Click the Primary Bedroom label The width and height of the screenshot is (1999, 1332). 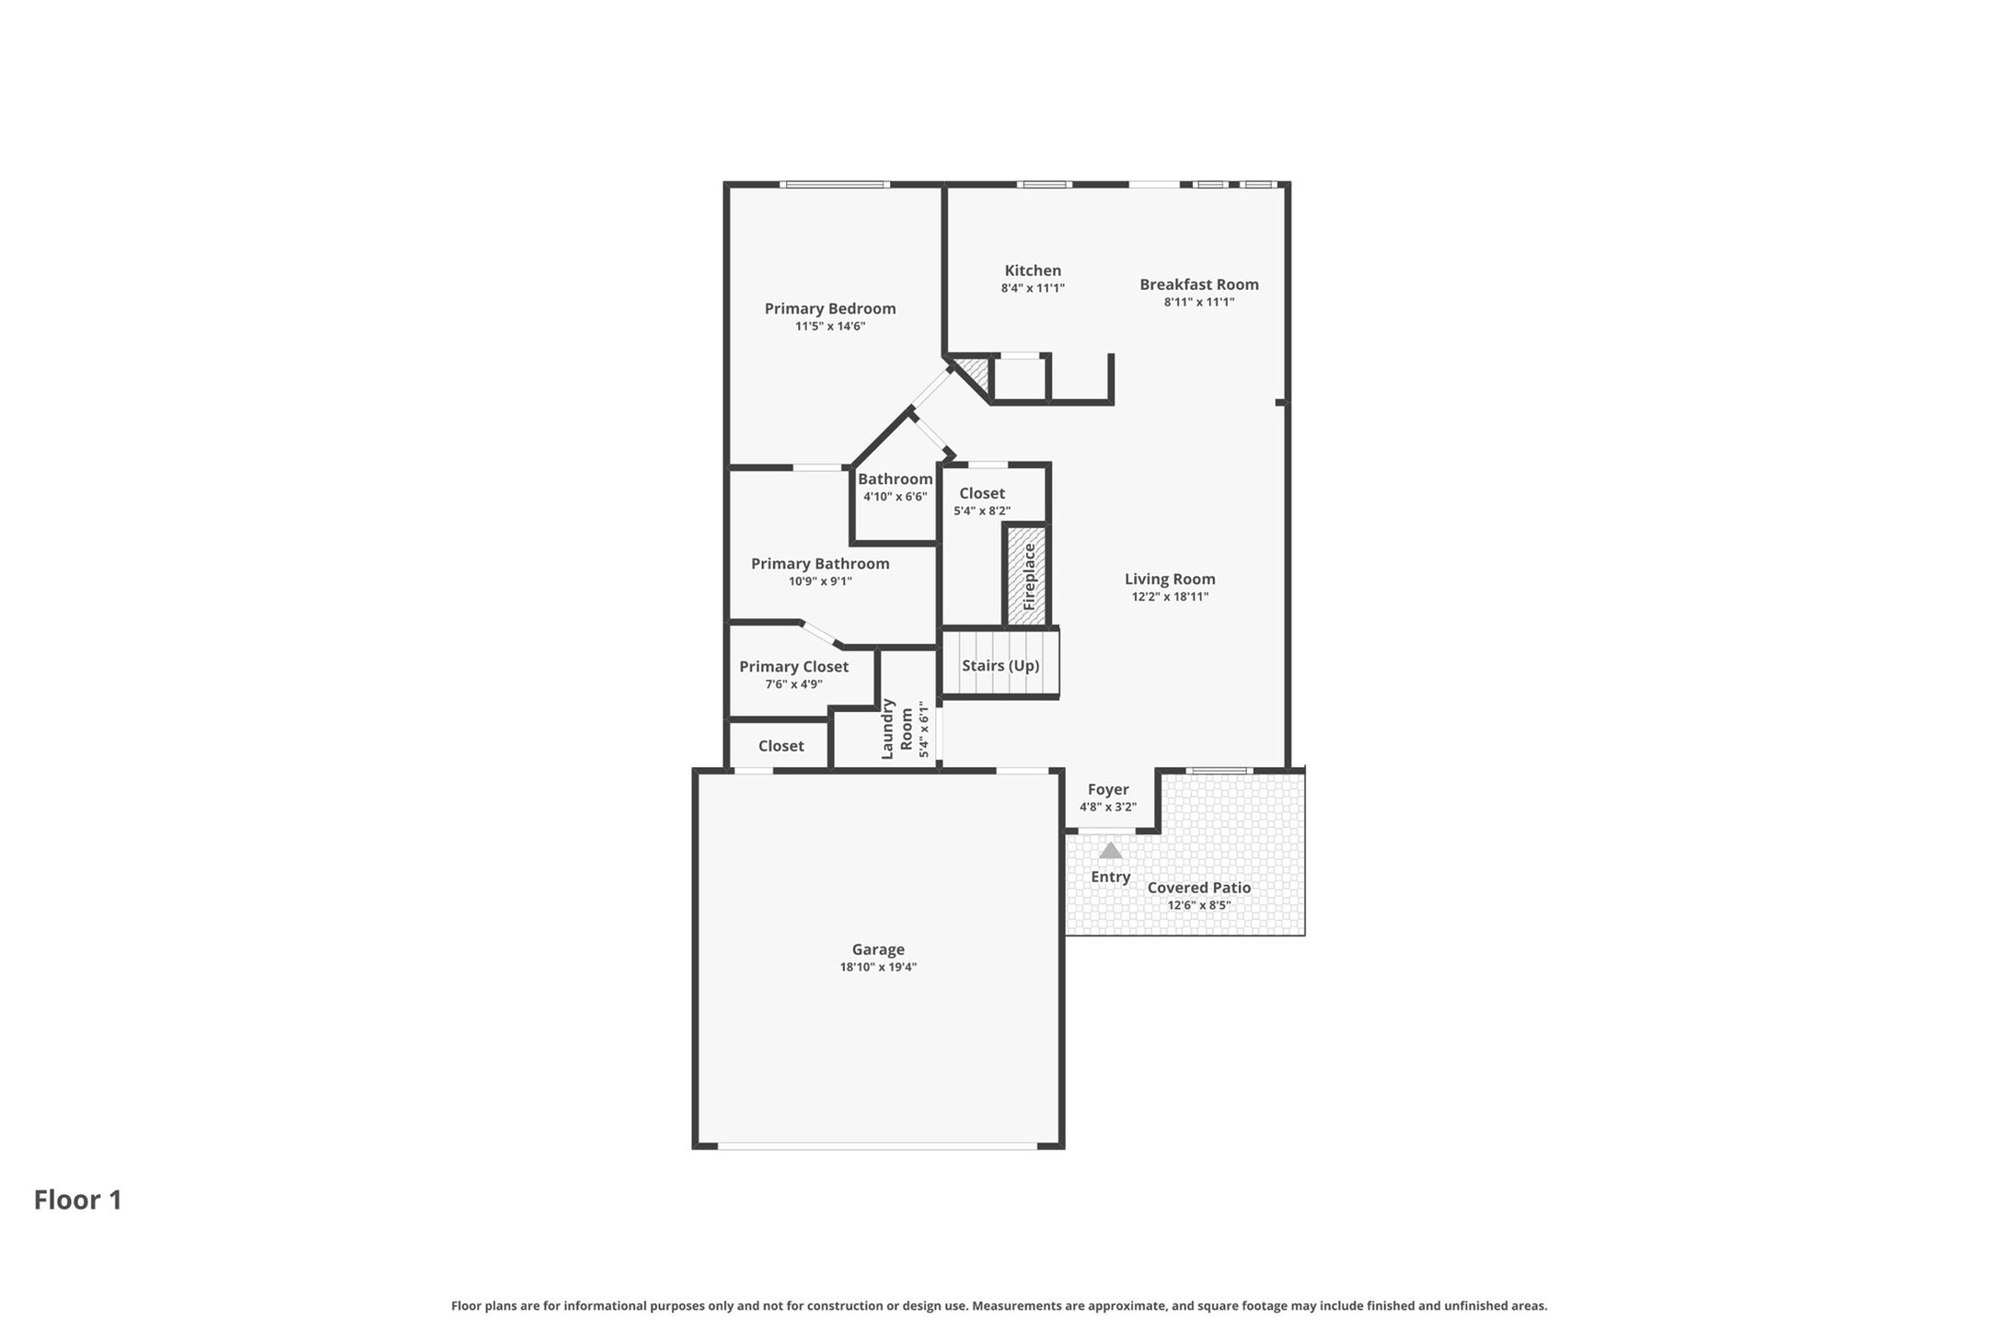click(829, 309)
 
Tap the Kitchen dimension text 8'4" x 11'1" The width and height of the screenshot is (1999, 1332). click(1033, 288)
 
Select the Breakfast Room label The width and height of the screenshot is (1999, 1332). click(1198, 285)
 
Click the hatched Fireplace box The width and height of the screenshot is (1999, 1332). click(1026, 576)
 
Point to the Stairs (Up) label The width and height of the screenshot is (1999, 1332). click(999, 665)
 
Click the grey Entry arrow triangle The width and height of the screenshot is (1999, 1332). click(1110, 851)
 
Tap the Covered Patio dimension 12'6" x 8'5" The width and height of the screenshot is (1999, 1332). click(1198, 905)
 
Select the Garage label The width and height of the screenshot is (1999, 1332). click(877, 949)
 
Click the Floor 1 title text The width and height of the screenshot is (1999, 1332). click(78, 1200)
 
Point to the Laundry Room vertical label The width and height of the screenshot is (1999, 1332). click(896, 729)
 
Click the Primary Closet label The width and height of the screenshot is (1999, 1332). click(793, 667)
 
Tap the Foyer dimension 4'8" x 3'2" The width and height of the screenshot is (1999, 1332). click(1107, 807)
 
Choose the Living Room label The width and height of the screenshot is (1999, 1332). click(1169, 580)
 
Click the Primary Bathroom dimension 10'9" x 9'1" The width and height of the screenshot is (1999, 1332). click(819, 581)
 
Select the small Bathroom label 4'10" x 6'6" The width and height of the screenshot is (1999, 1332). click(895, 479)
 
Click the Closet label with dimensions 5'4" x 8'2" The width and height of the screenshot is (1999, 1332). click(981, 494)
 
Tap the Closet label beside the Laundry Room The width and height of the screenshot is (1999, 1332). click(780, 746)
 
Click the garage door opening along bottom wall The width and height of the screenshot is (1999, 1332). click(877, 1145)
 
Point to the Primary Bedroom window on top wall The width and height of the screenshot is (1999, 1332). click(834, 185)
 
